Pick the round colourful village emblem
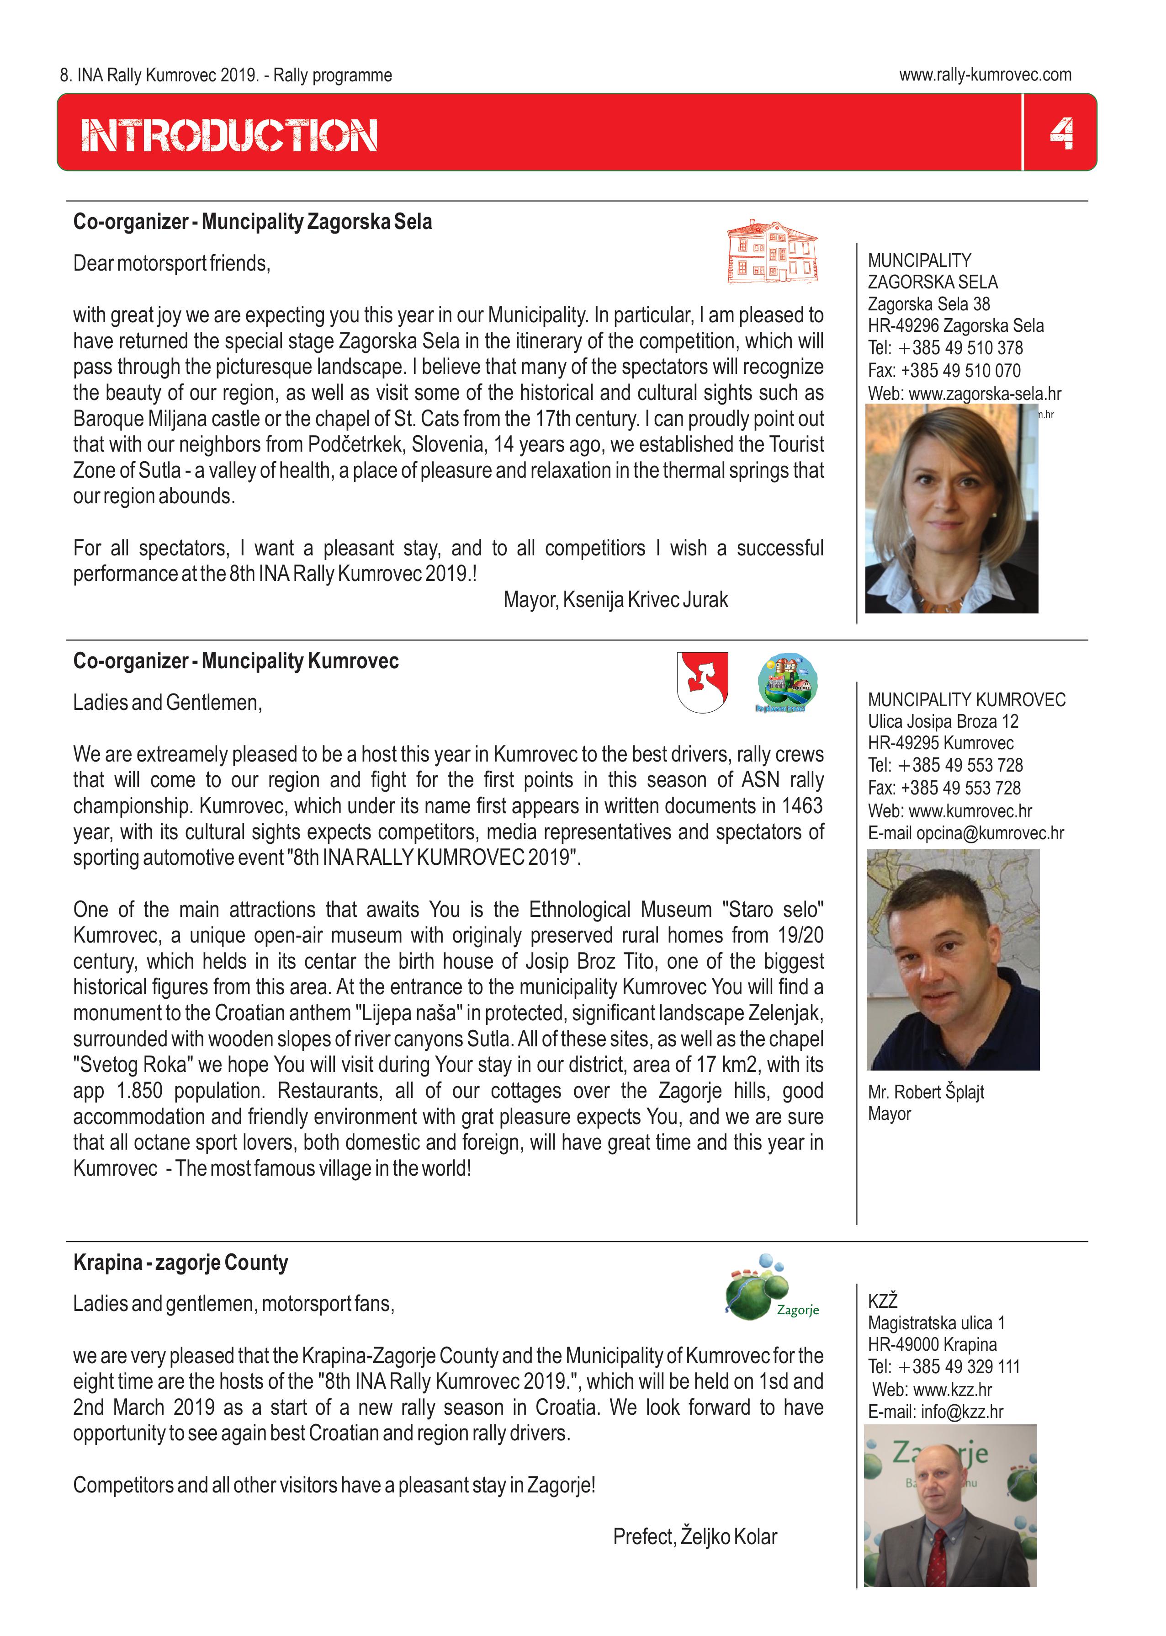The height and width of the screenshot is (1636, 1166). [788, 682]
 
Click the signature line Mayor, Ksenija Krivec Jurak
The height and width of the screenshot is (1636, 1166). [615, 600]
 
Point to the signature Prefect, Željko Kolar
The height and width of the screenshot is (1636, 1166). [694, 1536]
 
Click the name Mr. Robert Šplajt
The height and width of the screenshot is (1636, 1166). [926, 1092]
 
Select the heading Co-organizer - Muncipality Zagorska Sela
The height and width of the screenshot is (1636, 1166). [253, 222]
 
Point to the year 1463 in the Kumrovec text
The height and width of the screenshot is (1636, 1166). [801, 806]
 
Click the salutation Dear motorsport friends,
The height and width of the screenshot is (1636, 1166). [172, 264]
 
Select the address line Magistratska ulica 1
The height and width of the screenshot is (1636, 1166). [936, 1323]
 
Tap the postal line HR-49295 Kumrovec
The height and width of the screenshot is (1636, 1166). [941, 743]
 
